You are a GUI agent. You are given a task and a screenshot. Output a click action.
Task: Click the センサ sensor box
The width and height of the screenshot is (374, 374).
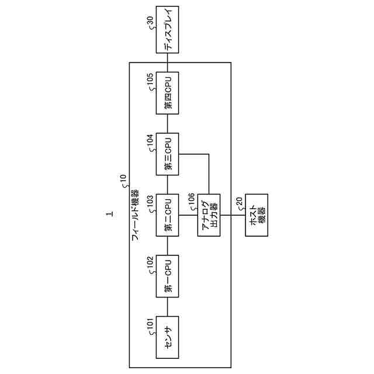click(x=168, y=338)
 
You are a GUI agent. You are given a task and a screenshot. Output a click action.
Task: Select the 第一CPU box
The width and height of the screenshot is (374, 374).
click(x=168, y=276)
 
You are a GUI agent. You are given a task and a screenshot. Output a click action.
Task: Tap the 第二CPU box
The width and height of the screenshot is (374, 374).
click(x=168, y=215)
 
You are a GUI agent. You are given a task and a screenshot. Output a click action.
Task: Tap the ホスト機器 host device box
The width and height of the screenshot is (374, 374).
click(x=256, y=215)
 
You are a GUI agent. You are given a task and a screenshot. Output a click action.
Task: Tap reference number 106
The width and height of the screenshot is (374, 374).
click(x=191, y=200)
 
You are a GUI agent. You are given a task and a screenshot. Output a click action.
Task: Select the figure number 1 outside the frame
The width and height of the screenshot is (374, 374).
click(x=109, y=214)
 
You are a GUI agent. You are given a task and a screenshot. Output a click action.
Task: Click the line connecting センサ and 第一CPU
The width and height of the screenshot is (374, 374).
click(x=168, y=307)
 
